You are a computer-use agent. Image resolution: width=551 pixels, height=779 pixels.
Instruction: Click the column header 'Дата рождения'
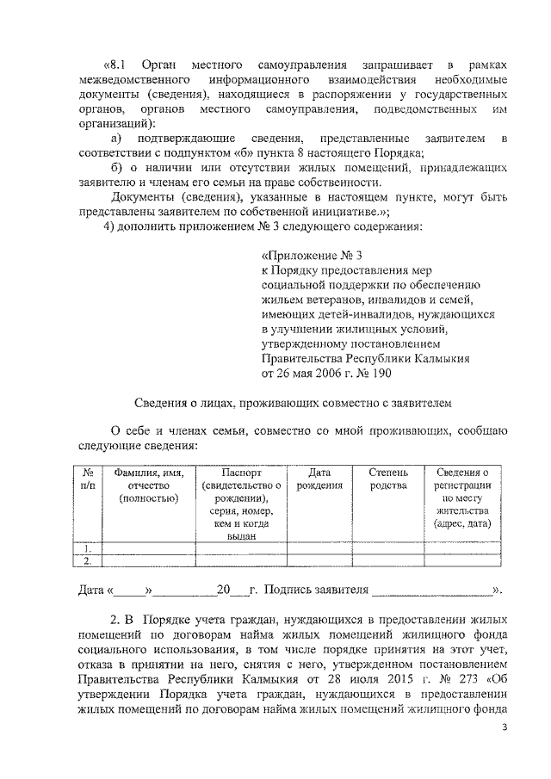click(x=319, y=479)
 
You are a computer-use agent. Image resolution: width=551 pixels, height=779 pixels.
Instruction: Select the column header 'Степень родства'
click(x=388, y=479)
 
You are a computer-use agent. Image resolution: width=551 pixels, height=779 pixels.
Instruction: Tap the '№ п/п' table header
click(x=87, y=479)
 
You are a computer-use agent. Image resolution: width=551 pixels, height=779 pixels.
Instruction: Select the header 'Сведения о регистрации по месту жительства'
click(x=462, y=497)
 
